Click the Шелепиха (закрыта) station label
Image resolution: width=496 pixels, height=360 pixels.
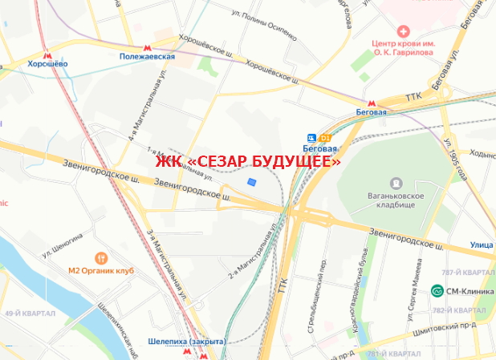(186, 342)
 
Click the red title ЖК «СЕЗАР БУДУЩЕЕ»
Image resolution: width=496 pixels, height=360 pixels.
(248, 162)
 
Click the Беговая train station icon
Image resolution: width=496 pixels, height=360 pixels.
(312, 136)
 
